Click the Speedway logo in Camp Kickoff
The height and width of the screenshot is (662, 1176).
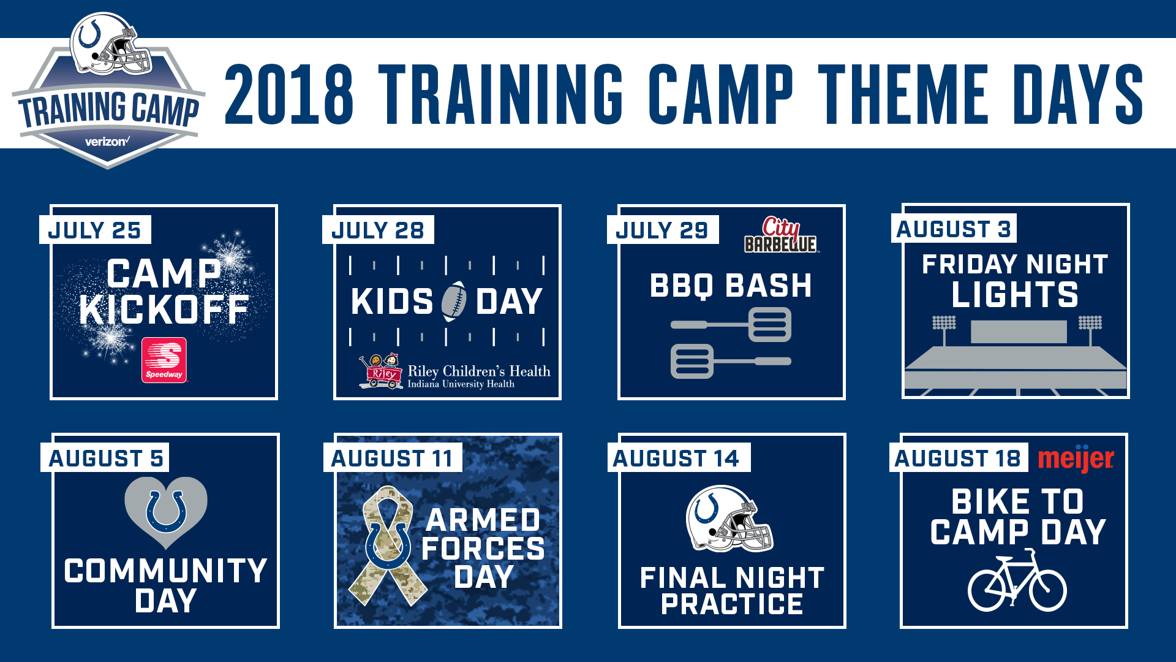[164, 360]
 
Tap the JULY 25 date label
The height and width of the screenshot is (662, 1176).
[95, 230]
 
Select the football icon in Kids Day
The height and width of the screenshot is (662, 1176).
[454, 301]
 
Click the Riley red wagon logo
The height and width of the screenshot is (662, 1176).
[380, 371]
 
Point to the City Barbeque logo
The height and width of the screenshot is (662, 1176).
[781, 235]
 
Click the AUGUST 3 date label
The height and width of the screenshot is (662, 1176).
[954, 229]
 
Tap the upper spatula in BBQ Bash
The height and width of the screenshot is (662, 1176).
[731, 324]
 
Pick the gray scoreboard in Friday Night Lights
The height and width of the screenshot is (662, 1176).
[1019, 332]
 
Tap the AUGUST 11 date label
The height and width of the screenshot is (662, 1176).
[393, 458]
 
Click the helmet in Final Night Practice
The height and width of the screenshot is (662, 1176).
[729, 519]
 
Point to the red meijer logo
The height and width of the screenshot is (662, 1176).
[1076, 458]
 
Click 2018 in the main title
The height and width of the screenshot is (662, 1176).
[289, 94]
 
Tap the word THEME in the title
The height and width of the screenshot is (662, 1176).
[903, 94]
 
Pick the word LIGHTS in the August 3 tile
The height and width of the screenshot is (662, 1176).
[1015, 295]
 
